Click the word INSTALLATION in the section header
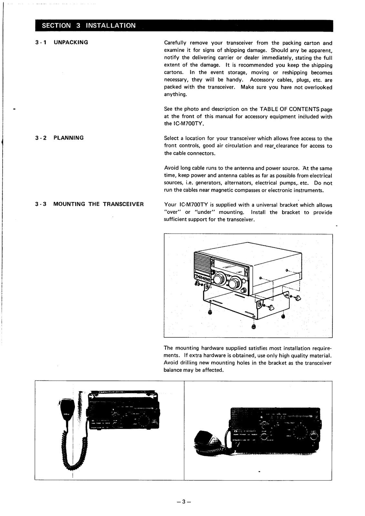point(111,25)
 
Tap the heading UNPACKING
point(71,42)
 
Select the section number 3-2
point(41,138)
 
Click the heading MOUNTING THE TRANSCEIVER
point(98,204)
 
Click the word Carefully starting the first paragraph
point(175,43)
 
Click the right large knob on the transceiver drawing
point(233,283)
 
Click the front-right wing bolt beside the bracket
point(271,307)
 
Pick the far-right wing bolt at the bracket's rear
point(297,297)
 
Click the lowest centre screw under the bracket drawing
point(253,327)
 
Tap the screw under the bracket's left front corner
point(210,313)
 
